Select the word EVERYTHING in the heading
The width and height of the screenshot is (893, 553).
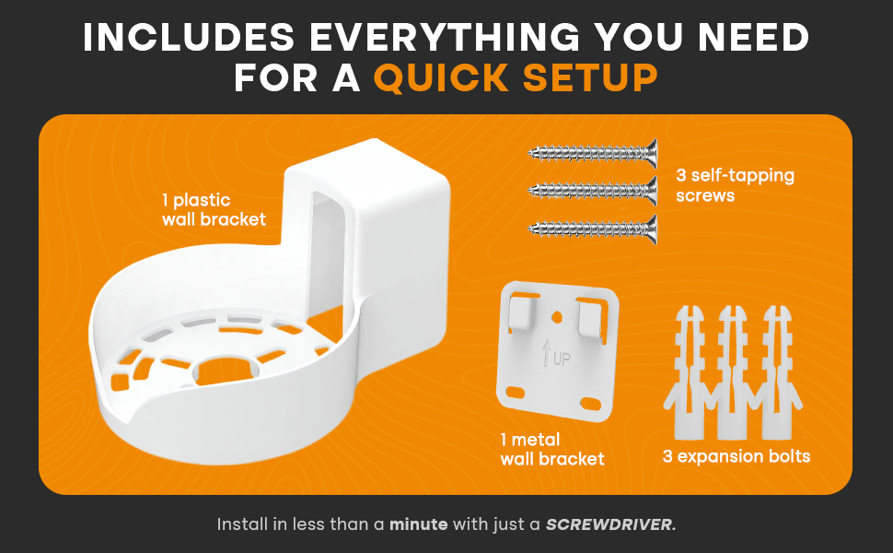[440, 36]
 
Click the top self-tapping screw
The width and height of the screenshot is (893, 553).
[593, 153]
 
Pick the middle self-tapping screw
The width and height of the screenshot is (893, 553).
[593, 192]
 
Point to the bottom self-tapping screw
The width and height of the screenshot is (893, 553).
[593, 229]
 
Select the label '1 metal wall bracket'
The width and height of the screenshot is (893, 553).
[552, 449]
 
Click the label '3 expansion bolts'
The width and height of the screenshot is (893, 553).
[736, 456]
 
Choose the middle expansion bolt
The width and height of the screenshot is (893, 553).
[733, 369]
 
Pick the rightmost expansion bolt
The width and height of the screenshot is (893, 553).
[779, 369]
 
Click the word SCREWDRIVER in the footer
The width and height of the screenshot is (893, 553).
[610, 524]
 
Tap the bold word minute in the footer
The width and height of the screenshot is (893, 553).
[418, 524]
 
